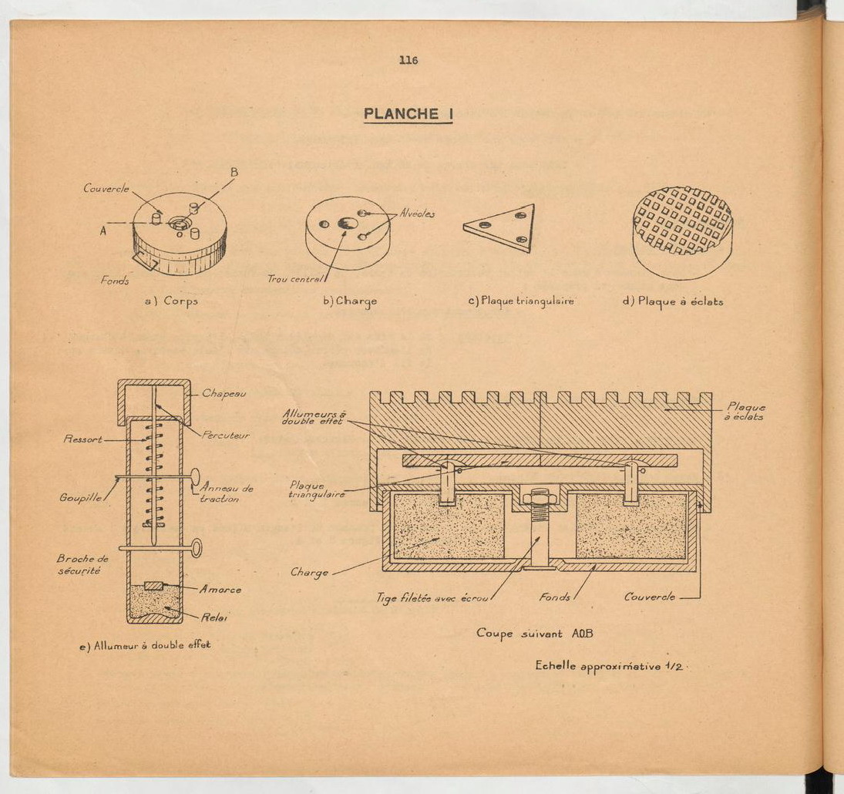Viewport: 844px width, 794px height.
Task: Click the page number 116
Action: pos(409,60)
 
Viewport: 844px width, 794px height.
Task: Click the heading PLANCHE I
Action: pos(408,114)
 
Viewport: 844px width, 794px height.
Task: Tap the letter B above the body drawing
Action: pos(234,173)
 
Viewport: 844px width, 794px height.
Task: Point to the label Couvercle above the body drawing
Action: pos(106,188)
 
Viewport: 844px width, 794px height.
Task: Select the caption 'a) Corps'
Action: pos(172,301)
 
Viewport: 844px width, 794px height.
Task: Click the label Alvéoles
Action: pos(417,214)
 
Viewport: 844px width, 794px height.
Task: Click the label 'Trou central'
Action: pos(295,279)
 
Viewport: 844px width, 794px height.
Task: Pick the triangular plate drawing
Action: pos(500,227)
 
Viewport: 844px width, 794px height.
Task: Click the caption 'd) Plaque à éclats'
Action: pos(673,301)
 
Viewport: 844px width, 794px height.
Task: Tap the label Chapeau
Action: pos(224,393)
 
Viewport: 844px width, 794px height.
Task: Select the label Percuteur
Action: pos(226,435)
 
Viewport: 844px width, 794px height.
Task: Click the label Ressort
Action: pos(83,439)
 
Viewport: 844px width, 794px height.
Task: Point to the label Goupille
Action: pos(81,498)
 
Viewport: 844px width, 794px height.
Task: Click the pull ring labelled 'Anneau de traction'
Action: pos(195,476)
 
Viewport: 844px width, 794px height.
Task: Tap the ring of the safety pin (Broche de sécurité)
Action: pos(197,549)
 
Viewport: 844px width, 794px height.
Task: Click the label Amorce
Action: pos(220,590)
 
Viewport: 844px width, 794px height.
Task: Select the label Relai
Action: pos(214,617)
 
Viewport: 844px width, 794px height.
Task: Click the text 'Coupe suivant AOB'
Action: pos(534,634)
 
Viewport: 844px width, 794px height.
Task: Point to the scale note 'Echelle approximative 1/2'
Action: pos(609,667)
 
